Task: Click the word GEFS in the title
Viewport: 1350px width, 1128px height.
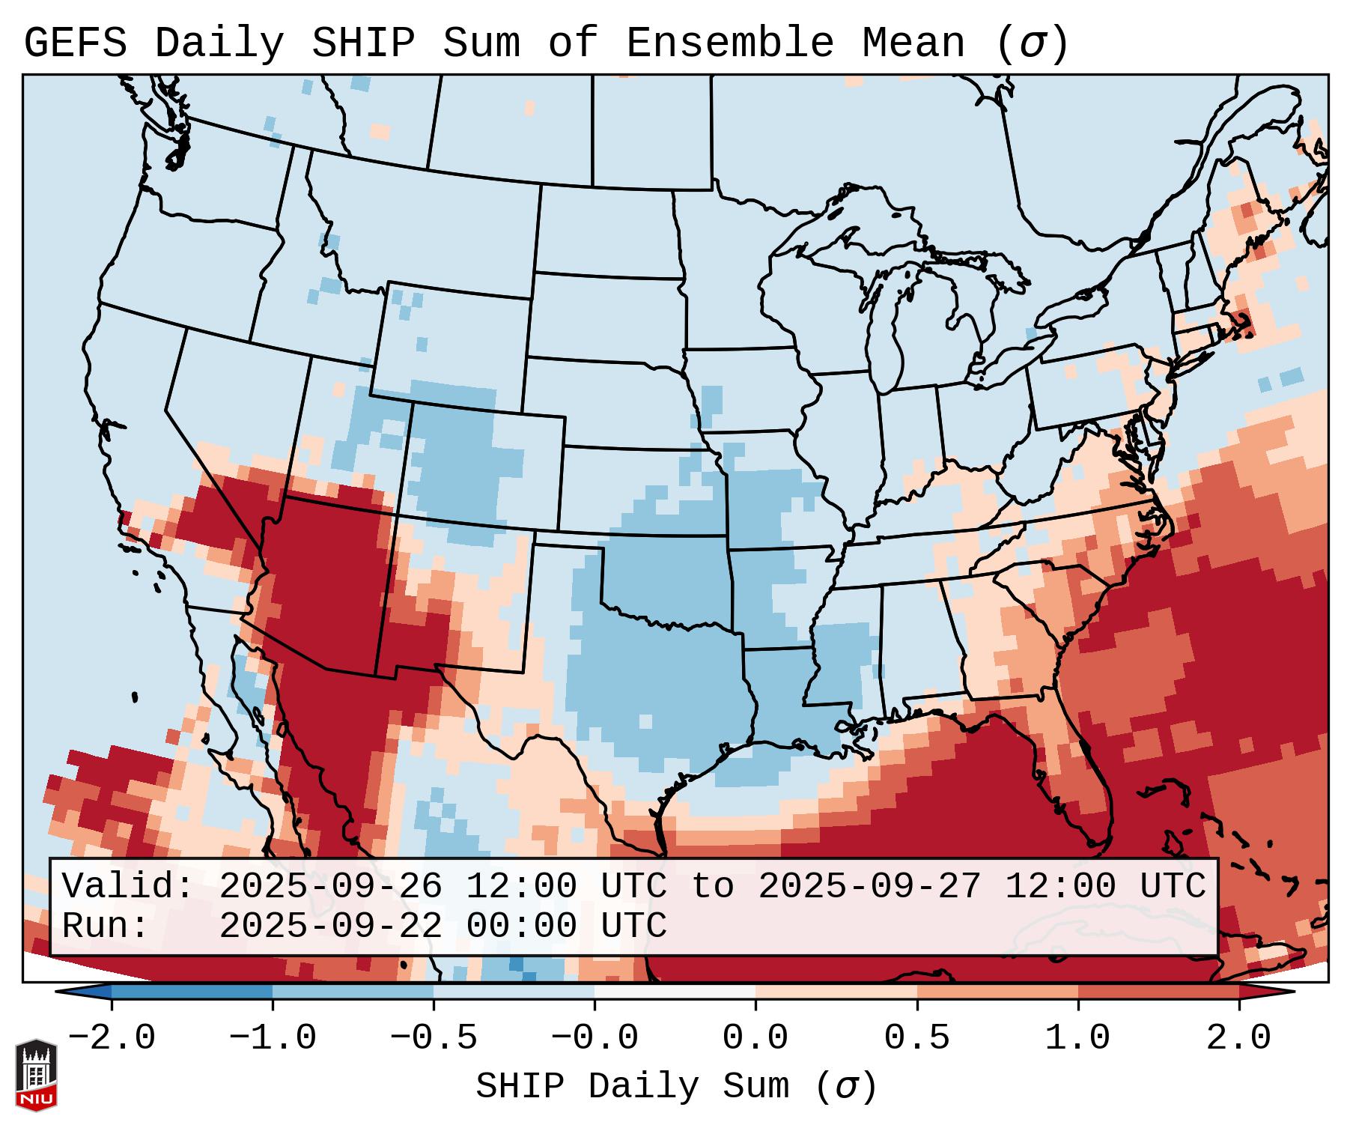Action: (75, 43)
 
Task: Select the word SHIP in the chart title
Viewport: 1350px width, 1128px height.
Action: (362, 43)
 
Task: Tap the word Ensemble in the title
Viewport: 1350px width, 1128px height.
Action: (729, 43)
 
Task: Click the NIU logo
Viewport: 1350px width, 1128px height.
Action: (36, 1075)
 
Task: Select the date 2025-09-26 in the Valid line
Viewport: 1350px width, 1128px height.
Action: (330, 887)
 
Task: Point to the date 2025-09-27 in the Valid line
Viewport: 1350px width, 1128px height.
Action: (869, 887)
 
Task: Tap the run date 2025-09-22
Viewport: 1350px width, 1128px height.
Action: (330, 927)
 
